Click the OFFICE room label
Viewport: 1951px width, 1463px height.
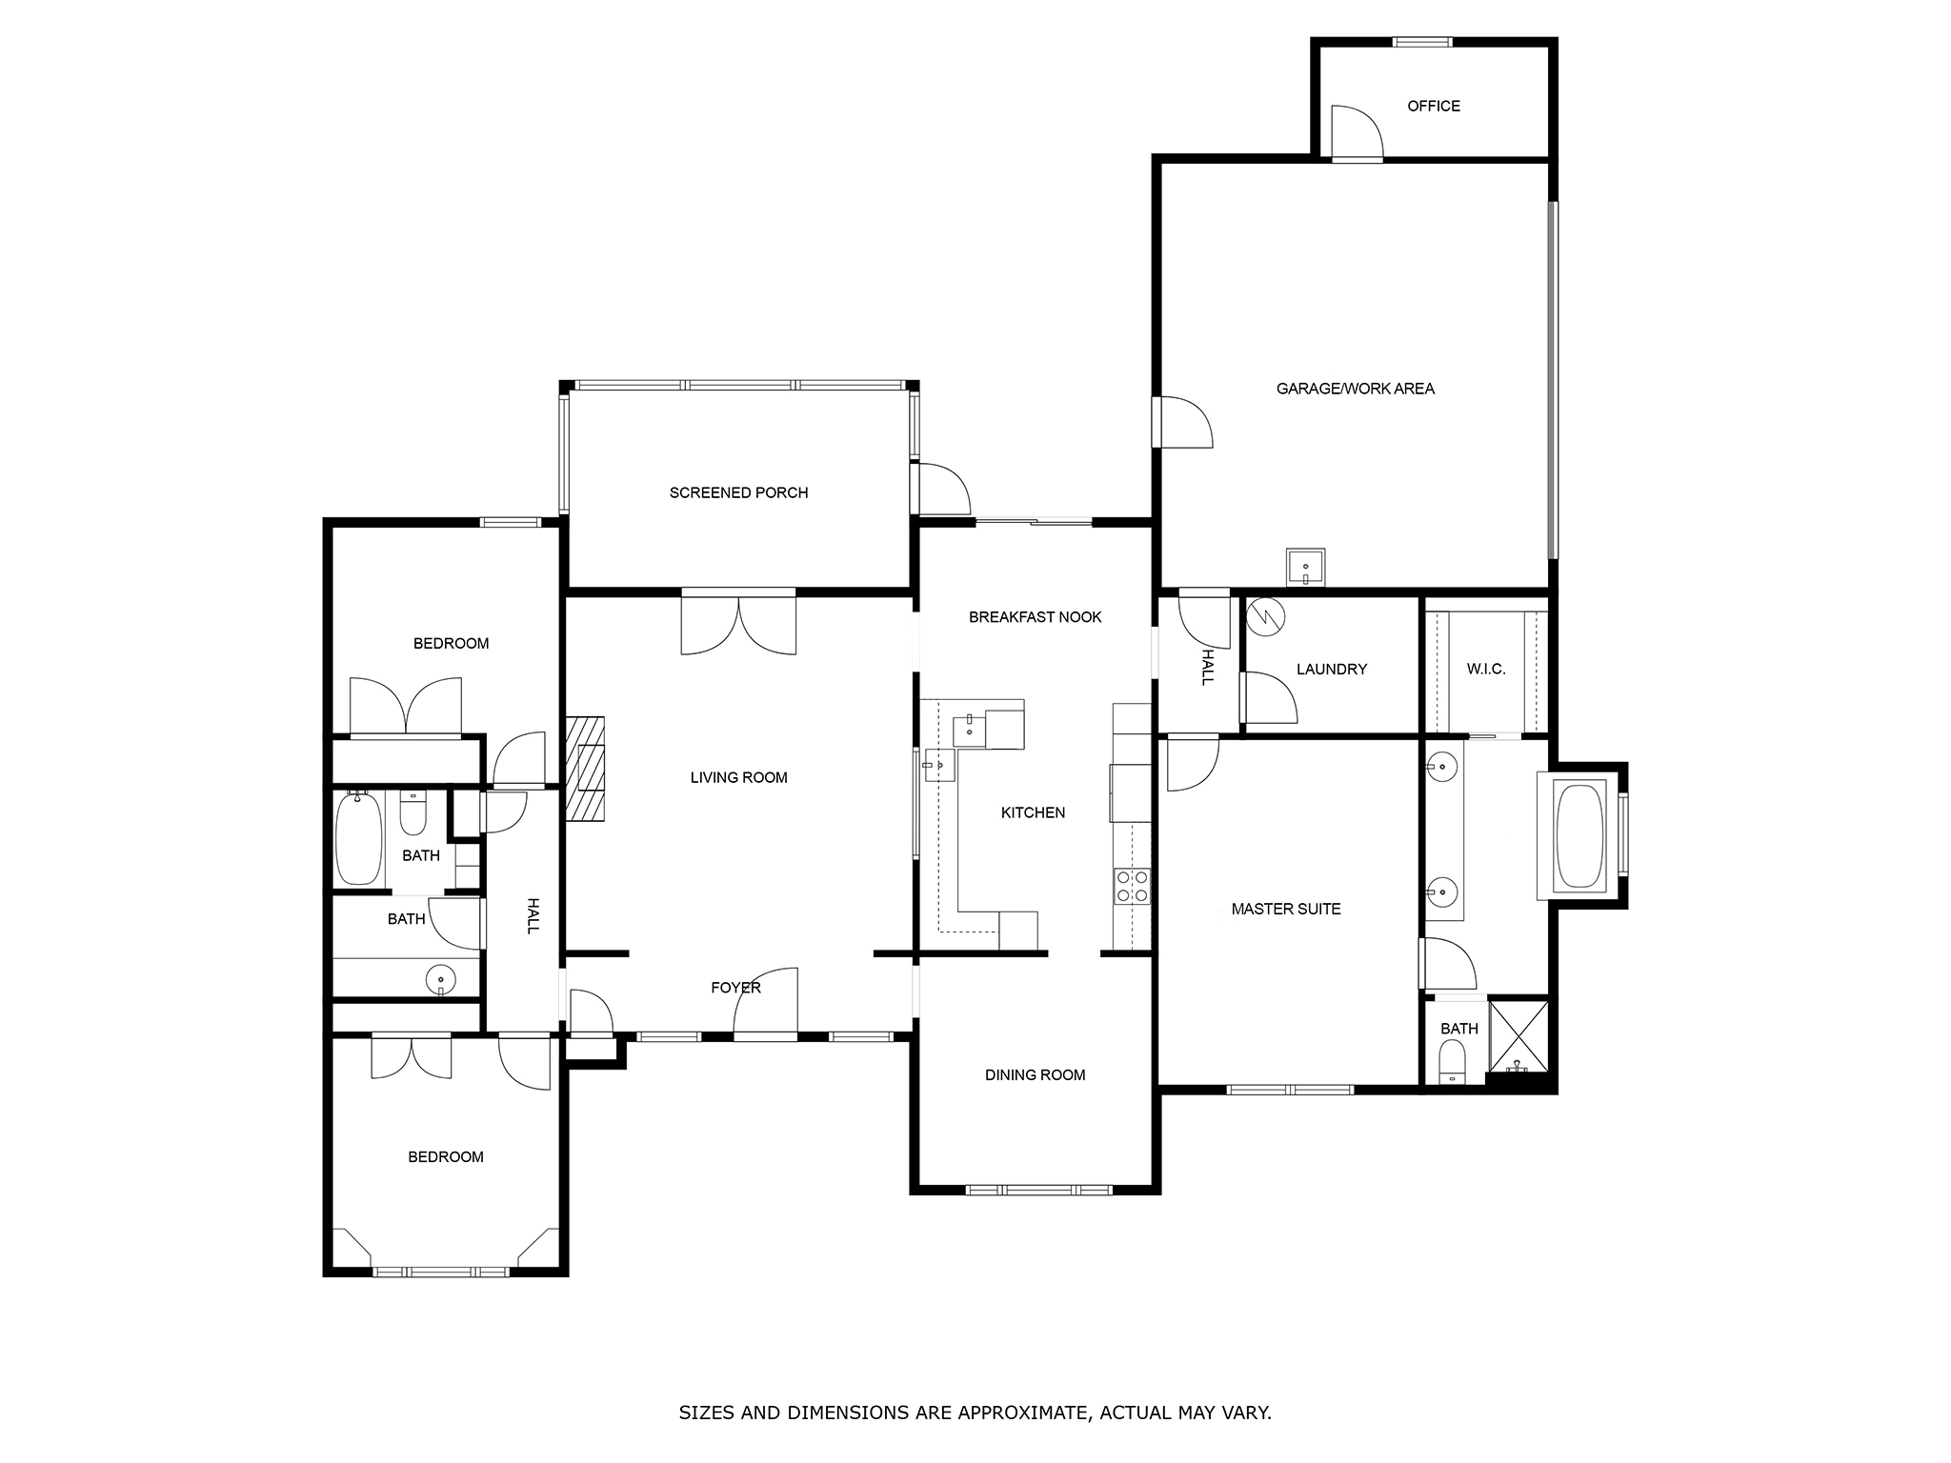click(1433, 106)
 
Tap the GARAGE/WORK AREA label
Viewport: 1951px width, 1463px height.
click(1355, 389)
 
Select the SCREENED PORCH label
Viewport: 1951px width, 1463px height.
click(738, 492)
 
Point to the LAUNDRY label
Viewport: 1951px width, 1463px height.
click(1331, 670)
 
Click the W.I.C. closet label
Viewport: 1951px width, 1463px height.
click(1485, 670)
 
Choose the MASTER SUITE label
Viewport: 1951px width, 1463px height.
click(1285, 910)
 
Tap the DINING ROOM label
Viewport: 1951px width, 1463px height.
click(1035, 1075)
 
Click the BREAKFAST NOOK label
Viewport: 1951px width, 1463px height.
click(1035, 617)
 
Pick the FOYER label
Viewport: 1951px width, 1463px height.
click(735, 988)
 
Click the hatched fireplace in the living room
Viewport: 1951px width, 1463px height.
click(586, 768)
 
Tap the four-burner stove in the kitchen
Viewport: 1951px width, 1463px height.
click(1132, 886)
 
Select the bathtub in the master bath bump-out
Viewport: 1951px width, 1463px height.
click(1578, 834)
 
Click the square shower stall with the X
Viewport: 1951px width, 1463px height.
click(1518, 1035)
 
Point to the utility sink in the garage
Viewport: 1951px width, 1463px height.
click(1305, 569)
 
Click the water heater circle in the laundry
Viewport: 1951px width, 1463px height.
click(1266, 615)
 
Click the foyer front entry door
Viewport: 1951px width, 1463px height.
click(766, 1001)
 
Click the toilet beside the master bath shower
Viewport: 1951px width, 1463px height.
click(1452, 1060)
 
